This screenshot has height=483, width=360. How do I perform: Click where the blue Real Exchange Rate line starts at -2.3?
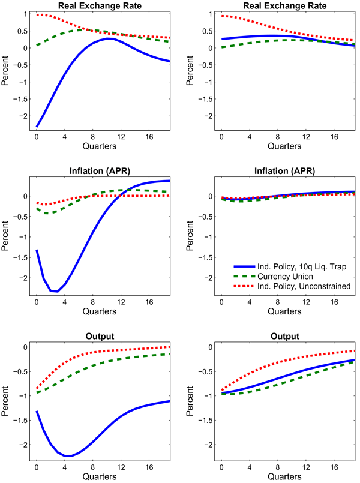pyautogui.click(x=37, y=127)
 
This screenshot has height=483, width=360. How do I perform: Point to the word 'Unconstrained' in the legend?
pyautogui.click(x=320, y=286)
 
